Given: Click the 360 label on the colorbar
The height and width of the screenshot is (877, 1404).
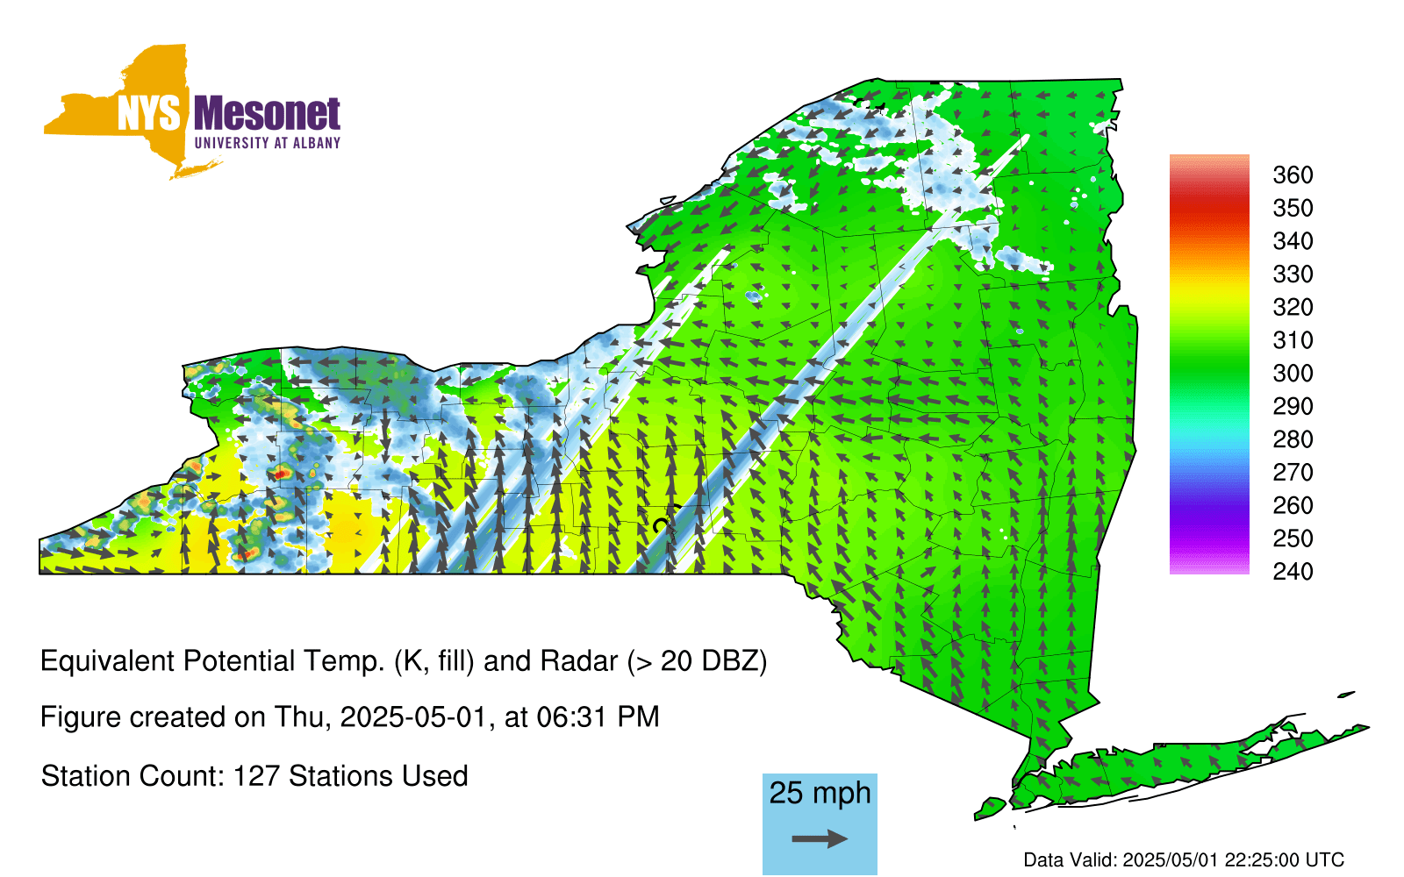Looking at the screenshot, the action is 1293,175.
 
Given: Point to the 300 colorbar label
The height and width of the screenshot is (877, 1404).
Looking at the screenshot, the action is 1293,374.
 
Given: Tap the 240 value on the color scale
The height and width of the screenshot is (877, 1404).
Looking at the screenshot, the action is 1293,571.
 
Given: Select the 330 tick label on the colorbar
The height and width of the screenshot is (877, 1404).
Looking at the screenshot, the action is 1293,275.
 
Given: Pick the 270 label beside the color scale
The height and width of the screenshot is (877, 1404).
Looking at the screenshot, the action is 1293,473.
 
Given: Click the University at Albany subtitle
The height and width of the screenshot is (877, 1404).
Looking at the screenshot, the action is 267,143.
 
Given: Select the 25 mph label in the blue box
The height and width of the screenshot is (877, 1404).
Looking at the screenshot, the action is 820,794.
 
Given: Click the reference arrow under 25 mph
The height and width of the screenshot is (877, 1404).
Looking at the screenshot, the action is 820,838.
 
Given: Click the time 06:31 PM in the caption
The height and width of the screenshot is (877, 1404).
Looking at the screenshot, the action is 598,717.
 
